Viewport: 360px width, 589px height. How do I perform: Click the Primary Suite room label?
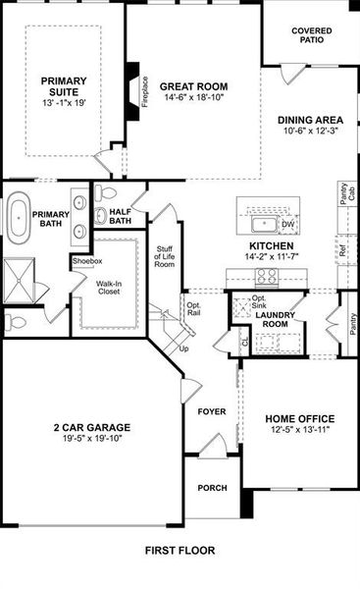point(63,81)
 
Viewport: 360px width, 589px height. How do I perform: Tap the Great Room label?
point(184,85)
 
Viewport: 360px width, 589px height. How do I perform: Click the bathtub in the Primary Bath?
point(19,215)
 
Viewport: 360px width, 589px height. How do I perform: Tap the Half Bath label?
point(122,216)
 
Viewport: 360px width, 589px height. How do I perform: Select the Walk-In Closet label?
point(110,289)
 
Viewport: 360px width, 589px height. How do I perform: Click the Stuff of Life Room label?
point(165,257)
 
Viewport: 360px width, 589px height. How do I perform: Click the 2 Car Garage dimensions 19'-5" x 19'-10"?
point(91,440)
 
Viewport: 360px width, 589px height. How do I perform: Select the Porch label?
point(212,487)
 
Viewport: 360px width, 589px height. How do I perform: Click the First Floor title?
point(180,551)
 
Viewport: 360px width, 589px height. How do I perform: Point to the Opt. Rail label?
point(194,310)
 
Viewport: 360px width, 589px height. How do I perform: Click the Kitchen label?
point(272,246)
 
